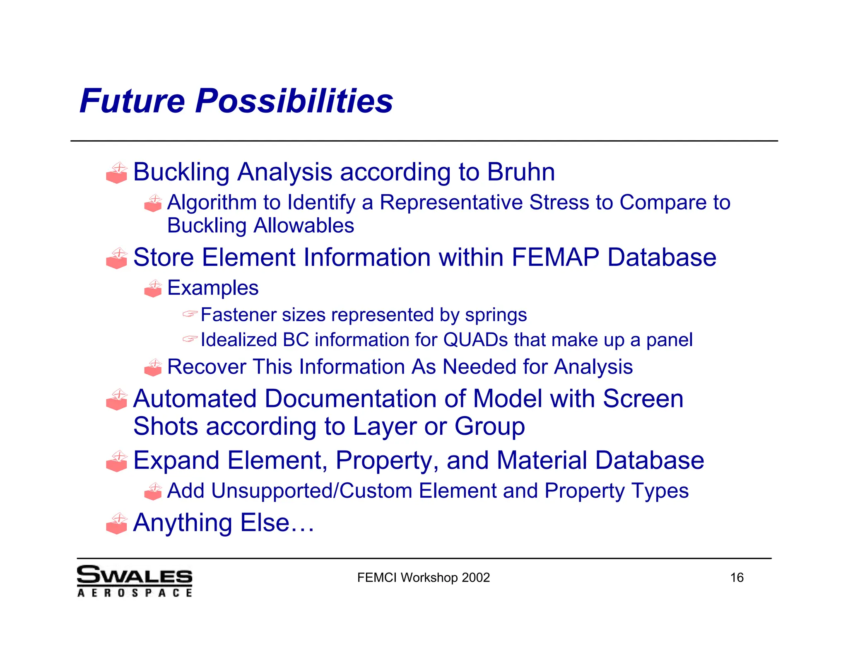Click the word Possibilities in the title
[x=294, y=101]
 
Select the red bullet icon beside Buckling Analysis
[x=117, y=173]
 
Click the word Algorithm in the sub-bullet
[x=212, y=203]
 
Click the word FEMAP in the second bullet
[x=555, y=257]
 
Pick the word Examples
[x=213, y=288]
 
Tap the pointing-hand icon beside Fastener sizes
[x=190, y=314]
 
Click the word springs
[x=496, y=315]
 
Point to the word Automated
[x=195, y=399]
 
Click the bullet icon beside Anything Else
[x=117, y=524]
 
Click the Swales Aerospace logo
[x=135, y=580]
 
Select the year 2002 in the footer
[x=476, y=578]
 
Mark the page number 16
[x=737, y=578]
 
